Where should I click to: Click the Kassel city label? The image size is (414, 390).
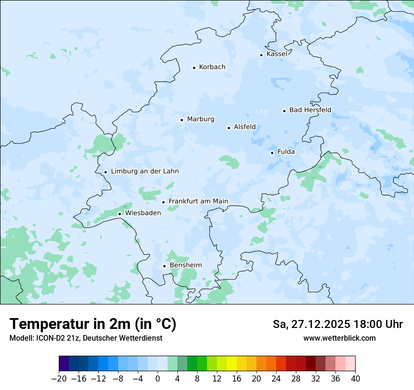pos(277,54)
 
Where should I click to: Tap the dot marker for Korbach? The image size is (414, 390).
pos(194,68)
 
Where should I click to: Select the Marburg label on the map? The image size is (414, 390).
pos(200,119)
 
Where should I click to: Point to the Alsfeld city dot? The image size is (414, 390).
pos(229,128)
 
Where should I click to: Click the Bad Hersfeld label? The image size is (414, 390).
pos(310,110)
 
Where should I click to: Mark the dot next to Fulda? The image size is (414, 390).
pos(272,153)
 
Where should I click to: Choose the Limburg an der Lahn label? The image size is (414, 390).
pos(144,172)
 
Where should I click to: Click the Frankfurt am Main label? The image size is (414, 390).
pos(198,202)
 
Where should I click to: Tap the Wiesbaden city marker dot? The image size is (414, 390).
pos(119,214)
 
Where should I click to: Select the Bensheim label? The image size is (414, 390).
pos(185,265)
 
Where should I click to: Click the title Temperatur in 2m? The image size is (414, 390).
pos(93,324)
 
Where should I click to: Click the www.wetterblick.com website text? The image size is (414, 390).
pos(339,338)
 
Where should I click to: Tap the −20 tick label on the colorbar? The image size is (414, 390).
pos(59,379)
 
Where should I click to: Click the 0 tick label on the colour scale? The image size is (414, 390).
pos(158,379)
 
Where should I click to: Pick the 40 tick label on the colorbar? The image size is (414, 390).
pos(355,379)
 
